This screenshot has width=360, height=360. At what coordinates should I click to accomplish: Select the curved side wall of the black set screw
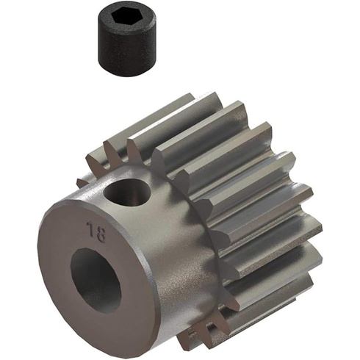click(126, 50)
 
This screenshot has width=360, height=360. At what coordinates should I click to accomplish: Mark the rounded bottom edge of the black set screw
click(126, 73)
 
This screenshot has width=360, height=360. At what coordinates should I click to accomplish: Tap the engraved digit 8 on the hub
click(100, 234)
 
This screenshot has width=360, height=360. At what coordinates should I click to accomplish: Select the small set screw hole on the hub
click(126, 192)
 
